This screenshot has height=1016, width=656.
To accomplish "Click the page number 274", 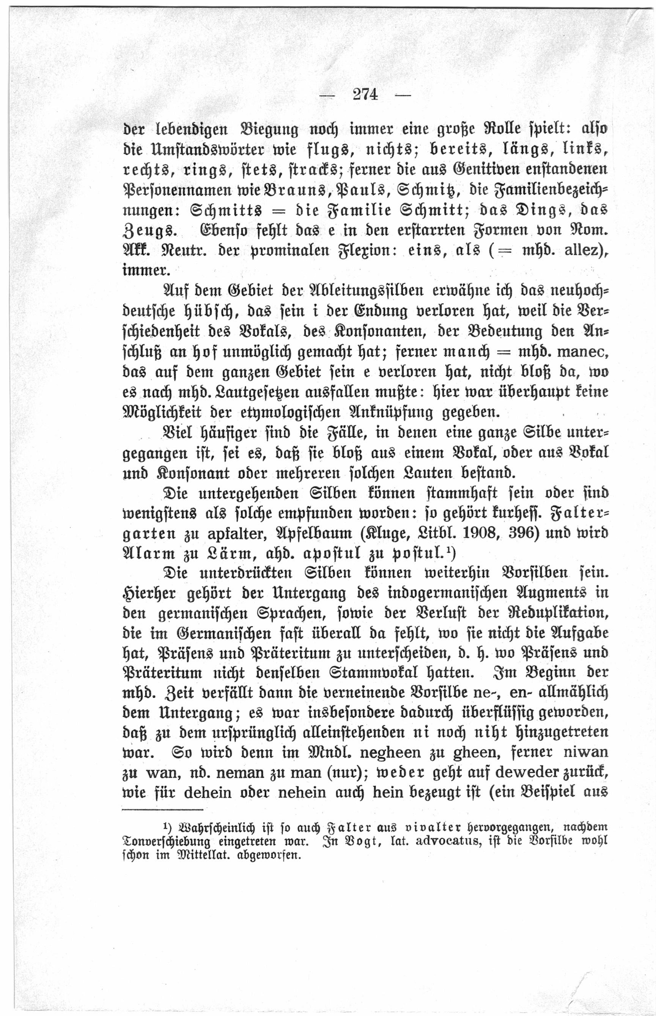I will pyautogui.click(x=365, y=94).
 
